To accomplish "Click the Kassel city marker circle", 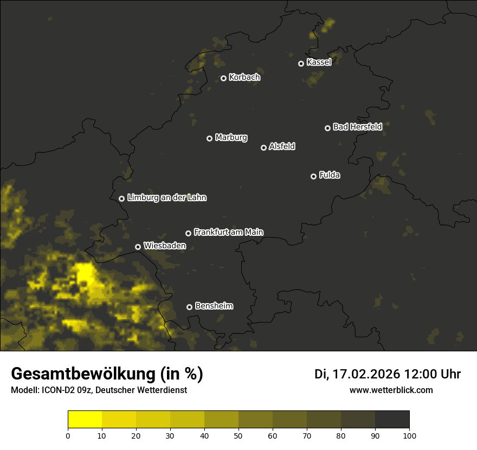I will coord(301,63).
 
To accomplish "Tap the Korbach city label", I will coord(244,78).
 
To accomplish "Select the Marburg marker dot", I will coord(209,138).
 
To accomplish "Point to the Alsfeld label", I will coord(282,146).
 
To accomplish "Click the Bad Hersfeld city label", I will coord(357,127).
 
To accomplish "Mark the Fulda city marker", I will coord(313,176).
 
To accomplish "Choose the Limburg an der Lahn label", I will coord(166,198).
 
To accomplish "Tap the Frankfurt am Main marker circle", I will coord(188,233).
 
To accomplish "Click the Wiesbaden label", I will coord(164,246).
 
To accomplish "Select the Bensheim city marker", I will coord(189,307).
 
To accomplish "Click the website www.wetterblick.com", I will coord(391,390).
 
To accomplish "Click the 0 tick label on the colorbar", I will coord(68,435).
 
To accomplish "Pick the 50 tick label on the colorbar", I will coord(238,435).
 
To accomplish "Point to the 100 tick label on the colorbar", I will coord(409,435).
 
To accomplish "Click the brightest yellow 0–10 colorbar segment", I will coord(85,419).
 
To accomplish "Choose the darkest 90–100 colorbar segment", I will coord(392,419).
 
